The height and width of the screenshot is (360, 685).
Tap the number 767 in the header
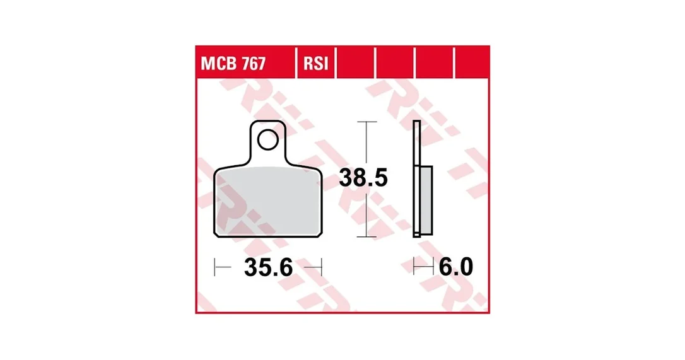coord(254,64)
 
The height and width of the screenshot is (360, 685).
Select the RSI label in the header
coord(315,64)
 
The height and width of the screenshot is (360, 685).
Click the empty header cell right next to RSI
coord(355,63)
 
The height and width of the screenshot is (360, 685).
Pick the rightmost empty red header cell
coord(472,63)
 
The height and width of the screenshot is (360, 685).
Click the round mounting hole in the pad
coord(268,140)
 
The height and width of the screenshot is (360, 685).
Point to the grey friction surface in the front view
coord(268,201)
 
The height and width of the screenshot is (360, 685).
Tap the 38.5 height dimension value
coord(363,178)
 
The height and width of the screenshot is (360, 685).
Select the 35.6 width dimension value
coord(268,267)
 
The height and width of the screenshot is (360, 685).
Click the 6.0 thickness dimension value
coord(455,267)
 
